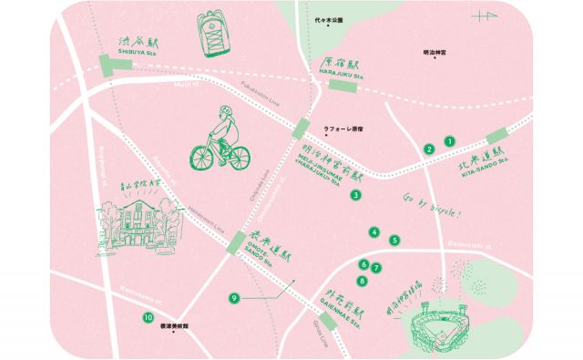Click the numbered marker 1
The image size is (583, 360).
click(448, 141)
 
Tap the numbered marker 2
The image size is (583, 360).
click(429, 149)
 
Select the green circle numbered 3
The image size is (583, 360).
click(356, 194)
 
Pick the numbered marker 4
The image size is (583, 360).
click(374, 232)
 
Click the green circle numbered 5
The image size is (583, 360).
click(394, 241)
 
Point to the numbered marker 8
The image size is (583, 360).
click(363, 281)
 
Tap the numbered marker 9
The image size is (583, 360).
click(234, 297)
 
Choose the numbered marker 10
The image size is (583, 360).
click(148, 318)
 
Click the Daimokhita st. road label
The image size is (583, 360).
click(470, 245)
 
